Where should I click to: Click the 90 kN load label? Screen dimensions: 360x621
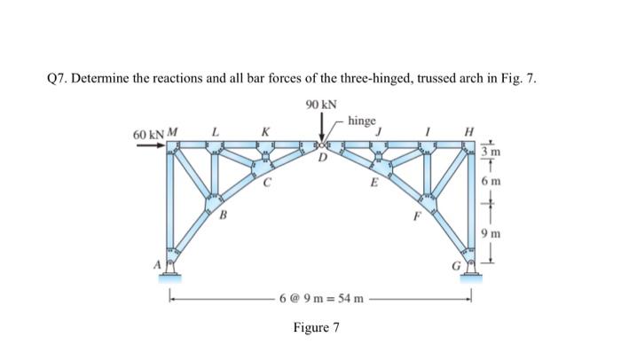coord(320,105)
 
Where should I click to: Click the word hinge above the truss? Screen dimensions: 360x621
coord(362,121)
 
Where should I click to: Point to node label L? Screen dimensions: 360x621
coord(215,133)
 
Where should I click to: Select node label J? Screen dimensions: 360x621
coord(379,133)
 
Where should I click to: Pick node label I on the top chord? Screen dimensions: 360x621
coord(428,133)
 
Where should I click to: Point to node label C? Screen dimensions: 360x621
coord(266,184)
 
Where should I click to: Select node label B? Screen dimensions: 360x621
coord(224,215)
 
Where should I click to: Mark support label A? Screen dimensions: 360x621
coord(160,263)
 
